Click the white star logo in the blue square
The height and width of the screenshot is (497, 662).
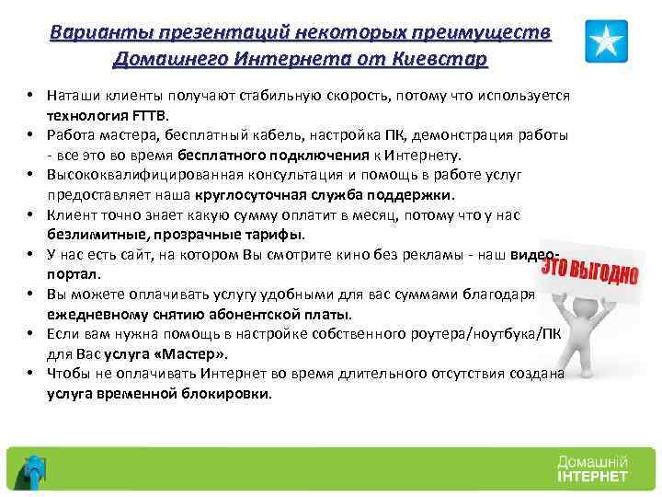point(606,40)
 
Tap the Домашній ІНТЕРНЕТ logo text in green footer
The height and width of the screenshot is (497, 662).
point(591,468)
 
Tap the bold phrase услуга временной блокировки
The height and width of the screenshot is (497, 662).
point(159,393)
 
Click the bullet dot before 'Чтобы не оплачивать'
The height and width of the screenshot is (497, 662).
point(30,373)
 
